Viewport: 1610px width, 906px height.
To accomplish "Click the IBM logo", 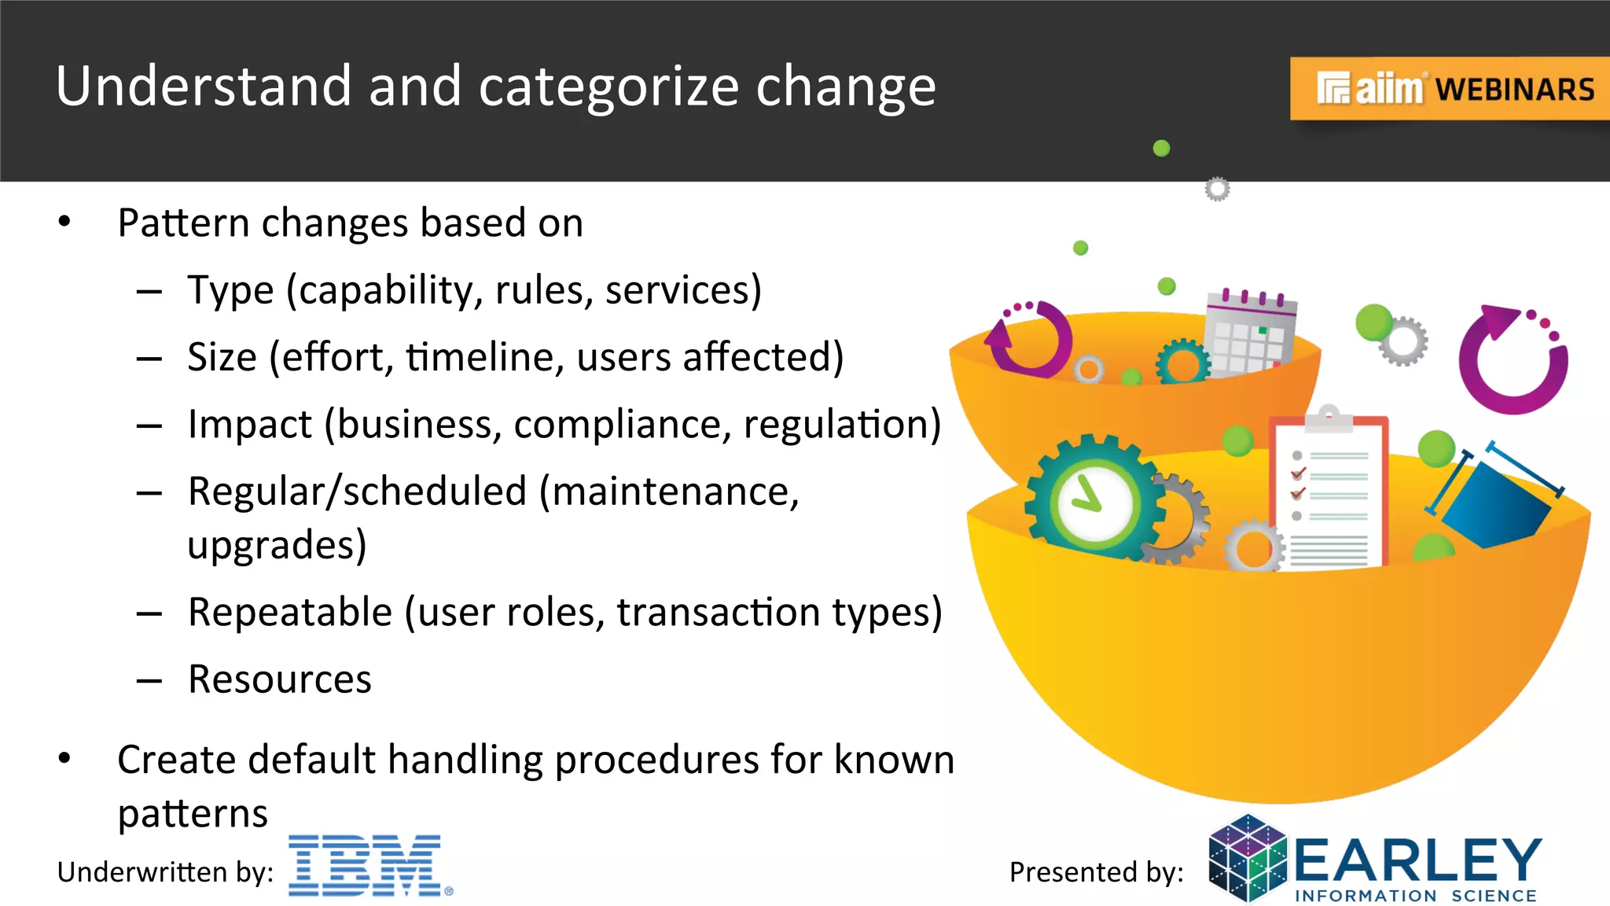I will (x=366, y=865).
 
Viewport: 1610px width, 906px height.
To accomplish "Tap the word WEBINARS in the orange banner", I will (x=1515, y=90).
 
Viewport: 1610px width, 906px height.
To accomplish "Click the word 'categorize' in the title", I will (x=608, y=87).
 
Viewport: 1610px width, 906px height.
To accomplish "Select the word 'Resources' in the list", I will (x=279, y=679).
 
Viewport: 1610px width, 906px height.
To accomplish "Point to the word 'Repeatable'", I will (x=290, y=612).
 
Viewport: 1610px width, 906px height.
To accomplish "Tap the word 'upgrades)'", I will (x=277, y=545).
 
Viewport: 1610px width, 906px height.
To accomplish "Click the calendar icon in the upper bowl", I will (x=1250, y=334).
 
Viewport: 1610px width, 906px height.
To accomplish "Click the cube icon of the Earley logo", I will (x=1248, y=859).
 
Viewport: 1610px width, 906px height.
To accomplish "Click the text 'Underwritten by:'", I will (x=165, y=872).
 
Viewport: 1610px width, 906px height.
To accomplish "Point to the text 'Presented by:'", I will (x=1096, y=872).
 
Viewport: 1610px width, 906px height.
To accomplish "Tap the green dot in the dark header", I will (x=1161, y=148).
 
